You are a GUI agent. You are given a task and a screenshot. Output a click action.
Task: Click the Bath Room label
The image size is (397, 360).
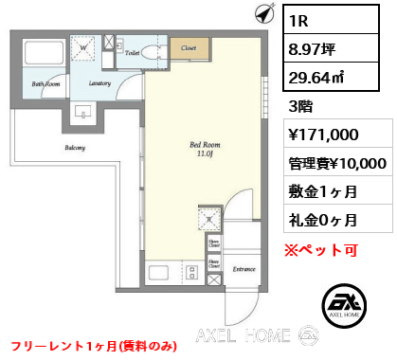click(x=45, y=84)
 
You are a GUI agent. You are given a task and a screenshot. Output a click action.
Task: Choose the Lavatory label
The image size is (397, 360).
click(x=100, y=83)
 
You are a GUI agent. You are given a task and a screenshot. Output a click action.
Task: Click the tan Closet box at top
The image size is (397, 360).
click(x=189, y=46)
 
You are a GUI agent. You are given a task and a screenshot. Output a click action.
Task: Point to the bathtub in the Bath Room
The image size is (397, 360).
click(x=44, y=54)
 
